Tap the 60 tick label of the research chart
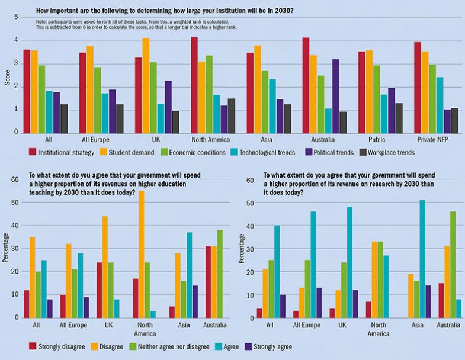tap(250, 180)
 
